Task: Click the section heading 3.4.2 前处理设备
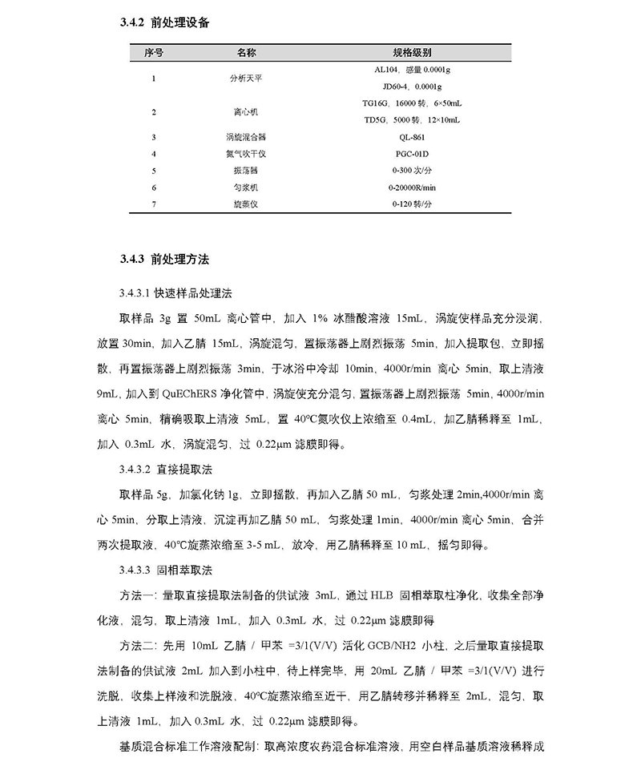click(x=165, y=23)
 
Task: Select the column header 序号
click(x=154, y=53)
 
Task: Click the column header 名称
click(x=246, y=53)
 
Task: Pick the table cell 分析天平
click(x=246, y=78)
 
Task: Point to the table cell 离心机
click(x=246, y=111)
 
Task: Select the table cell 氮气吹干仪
click(x=246, y=154)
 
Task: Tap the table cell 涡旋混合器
click(x=246, y=137)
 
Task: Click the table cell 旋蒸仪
click(x=246, y=204)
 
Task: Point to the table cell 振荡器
click(x=246, y=171)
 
